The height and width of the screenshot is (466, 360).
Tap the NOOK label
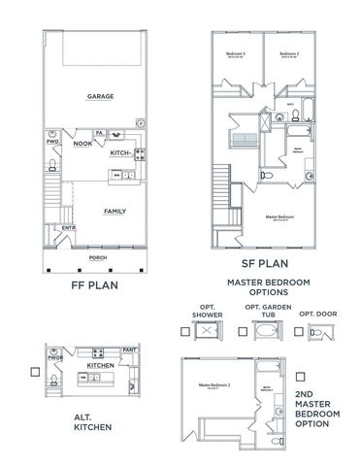tap(82, 144)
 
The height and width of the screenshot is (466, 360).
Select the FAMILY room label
tap(115, 211)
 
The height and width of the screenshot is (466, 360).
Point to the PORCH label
tap(98, 258)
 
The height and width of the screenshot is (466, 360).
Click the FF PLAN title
tap(98, 287)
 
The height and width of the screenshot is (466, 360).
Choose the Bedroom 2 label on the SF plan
tap(287, 53)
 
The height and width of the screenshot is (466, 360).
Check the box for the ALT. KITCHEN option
tap(33, 371)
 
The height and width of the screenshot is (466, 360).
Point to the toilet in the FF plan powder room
tap(54, 162)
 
